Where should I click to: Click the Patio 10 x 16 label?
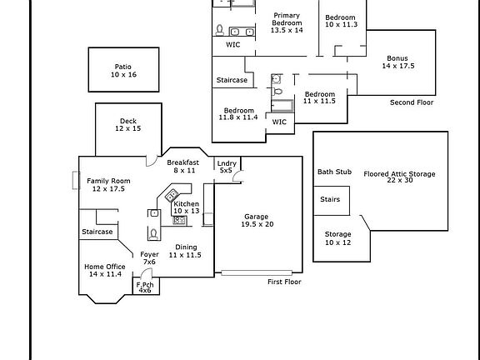[123, 71]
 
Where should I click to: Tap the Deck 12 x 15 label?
[128, 125]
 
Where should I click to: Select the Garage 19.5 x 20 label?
[257, 220]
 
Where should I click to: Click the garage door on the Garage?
[257, 272]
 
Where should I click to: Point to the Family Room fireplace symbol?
[76, 180]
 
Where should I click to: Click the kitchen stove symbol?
[179, 220]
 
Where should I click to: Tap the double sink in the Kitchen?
[172, 195]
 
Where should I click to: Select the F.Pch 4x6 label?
[145, 287]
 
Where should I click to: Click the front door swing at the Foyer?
[147, 271]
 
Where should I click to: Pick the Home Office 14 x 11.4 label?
[105, 270]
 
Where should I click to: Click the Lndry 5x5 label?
[227, 167]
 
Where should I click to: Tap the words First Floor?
[284, 282]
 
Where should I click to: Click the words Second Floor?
[412, 102]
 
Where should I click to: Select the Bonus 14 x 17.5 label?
[398, 62]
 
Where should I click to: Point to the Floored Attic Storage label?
[399, 177]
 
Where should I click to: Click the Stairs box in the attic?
[332, 201]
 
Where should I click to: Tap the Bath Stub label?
[334, 172]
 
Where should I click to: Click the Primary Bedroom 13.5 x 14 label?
[287, 22]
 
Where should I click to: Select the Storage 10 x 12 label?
[337, 238]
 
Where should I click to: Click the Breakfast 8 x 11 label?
[183, 166]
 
